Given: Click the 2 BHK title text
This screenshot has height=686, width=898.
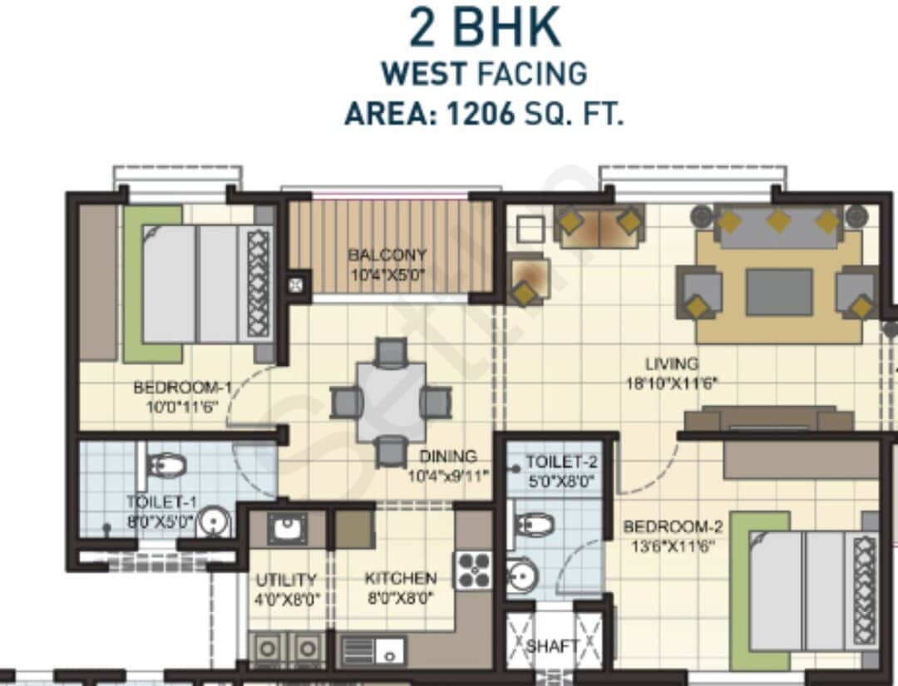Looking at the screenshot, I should (484, 27).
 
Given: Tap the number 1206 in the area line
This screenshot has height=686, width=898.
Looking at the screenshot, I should (481, 114).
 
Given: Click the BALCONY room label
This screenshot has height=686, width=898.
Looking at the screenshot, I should (387, 255).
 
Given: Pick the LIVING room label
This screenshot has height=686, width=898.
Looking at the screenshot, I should (672, 363).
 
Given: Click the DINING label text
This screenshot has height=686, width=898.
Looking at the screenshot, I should (447, 457).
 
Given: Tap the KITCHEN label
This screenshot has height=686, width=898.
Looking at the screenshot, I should (400, 578).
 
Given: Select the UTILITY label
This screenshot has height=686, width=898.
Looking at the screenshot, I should (286, 580).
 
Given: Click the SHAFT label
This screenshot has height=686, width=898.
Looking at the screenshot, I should (553, 646).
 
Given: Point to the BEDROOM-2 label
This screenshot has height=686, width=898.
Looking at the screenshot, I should (673, 527).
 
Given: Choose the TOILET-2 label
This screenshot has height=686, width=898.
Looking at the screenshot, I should (561, 462).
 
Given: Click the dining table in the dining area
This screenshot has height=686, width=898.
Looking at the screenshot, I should (391, 402).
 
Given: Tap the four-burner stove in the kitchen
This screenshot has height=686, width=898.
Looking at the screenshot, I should (472, 570).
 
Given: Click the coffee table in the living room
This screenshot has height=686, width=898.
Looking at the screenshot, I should (778, 292).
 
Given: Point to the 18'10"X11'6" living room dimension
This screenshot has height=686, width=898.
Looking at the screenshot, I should (672, 383).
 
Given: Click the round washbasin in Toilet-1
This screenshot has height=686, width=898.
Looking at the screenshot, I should (215, 522).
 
